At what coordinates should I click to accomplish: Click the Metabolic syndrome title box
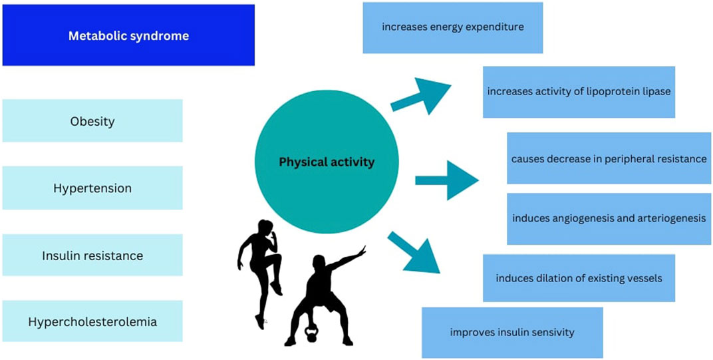[128, 35]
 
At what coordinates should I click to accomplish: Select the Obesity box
[92, 120]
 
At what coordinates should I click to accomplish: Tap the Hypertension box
[92, 188]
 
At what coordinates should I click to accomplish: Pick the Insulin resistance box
[92, 255]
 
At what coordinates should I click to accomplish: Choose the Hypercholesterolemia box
[92, 321]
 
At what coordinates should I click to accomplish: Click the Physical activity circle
[327, 162]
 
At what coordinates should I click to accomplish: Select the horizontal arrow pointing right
[447, 180]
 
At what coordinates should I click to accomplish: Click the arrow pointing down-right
[414, 253]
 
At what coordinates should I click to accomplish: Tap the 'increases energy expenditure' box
[452, 27]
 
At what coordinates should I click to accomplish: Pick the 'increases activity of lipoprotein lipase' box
[579, 92]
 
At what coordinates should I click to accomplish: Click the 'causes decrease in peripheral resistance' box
[609, 158]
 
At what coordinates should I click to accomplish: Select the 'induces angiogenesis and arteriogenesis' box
[609, 219]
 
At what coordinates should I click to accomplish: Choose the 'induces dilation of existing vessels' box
[579, 277]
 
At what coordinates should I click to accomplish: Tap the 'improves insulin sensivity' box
[512, 332]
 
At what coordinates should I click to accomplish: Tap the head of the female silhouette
[265, 227]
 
